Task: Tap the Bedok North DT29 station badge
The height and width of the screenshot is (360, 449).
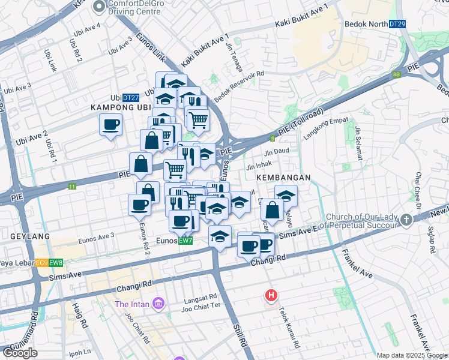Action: tap(397, 23)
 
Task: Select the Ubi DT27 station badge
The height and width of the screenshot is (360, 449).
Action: tap(130, 97)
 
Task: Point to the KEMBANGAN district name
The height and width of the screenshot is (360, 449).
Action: tap(283, 178)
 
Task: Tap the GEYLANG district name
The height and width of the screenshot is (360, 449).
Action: tap(25, 236)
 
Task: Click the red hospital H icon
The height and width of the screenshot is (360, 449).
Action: tap(271, 295)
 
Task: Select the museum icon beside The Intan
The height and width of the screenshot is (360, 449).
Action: tap(158, 304)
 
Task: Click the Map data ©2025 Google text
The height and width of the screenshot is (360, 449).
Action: tap(412, 356)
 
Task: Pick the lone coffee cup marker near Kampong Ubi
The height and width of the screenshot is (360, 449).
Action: tap(110, 125)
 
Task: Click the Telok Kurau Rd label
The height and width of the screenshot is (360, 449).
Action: tap(288, 328)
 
